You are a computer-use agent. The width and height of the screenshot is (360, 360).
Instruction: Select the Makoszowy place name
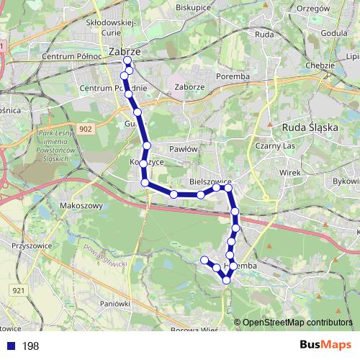pos(80,204)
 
